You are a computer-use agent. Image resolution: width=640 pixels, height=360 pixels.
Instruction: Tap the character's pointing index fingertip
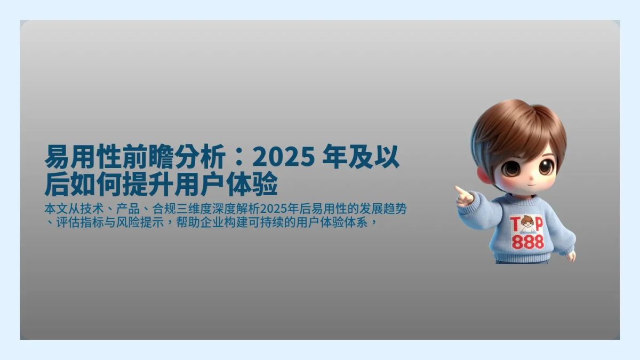(x=457, y=188)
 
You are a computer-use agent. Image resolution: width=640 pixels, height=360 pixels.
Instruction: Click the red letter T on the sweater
(x=516, y=225)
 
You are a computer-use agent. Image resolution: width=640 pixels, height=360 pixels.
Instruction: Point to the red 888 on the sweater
(x=527, y=243)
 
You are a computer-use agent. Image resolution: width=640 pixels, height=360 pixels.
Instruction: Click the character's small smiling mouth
(x=523, y=184)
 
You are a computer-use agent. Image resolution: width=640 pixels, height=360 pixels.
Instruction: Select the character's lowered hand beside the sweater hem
(x=571, y=256)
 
